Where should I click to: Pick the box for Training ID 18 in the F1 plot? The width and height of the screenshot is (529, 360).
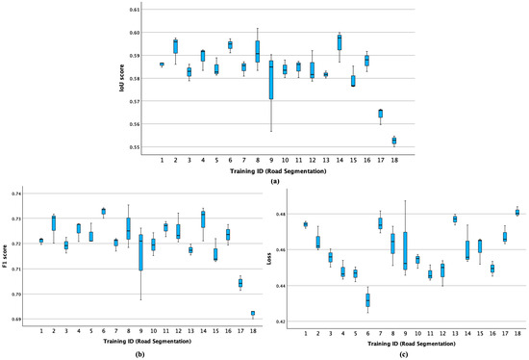click(x=253, y=313)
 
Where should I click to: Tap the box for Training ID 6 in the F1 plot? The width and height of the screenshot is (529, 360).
click(x=104, y=211)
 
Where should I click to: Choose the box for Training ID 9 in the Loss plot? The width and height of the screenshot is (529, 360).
click(x=404, y=250)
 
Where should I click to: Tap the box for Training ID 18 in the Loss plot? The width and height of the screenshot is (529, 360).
click(x=517, y=212)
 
